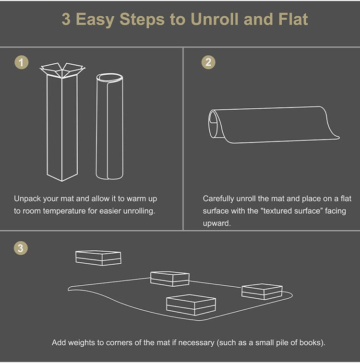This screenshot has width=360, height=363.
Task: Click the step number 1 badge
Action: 21,62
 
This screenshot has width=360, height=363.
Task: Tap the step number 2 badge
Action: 208,62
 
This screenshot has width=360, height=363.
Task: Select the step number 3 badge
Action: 21,248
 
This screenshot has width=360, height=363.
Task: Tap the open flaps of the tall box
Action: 62,70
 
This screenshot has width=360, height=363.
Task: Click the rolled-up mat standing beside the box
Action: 110,127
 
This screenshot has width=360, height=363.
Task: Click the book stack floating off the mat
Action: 98,258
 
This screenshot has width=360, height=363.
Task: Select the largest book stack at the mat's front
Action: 191,304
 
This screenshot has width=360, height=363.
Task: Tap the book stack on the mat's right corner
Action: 262,292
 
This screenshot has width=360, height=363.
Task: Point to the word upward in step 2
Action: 216,223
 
